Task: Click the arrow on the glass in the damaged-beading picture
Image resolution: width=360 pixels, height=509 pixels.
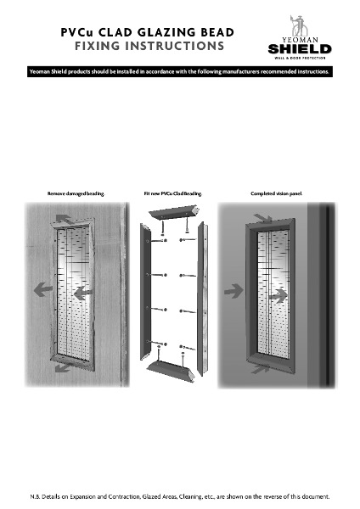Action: tap(82, 292)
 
